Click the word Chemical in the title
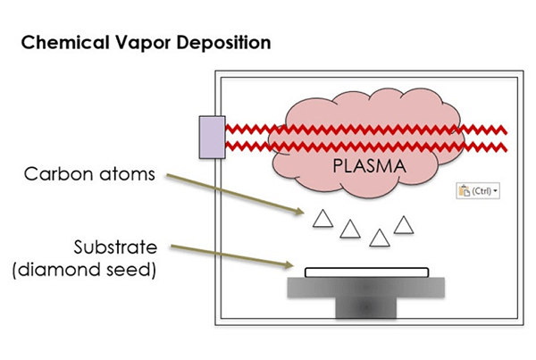(x=65, y=43)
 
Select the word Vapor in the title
(x=143, y=44)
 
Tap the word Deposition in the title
(x=224, y=44)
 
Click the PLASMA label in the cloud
(x=370, y=166)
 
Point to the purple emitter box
(x=213, y=138)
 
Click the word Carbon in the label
(x=58, y=173)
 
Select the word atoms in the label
(x=127, y=174)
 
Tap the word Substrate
(x=115, y=247)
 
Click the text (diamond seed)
(x=85, y=270)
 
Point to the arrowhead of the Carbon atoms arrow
(x=301, y=212)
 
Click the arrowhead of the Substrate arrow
(x=290, y=265)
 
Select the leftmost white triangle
(x=322, y=219)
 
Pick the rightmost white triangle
(x=404, y=225)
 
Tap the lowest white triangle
(x=380, y=239)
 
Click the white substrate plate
(x=367, y=272)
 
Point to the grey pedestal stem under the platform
(x=366, y=307)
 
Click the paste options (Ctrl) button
(x=478, y=191)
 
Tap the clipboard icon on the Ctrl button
(x=465, y=191)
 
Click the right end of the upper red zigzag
(x=507, y=132)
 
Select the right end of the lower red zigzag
(x=507, y=149)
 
